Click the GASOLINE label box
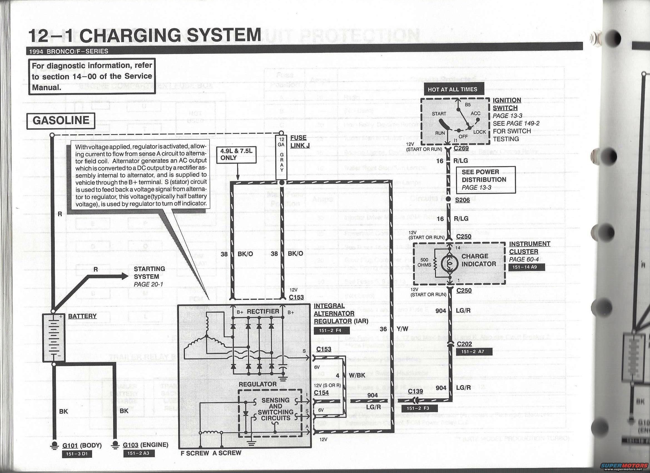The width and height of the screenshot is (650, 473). click(x=61, y=120)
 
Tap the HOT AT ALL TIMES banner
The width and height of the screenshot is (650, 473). click(x=452, y=90)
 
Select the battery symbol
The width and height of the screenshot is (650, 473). click(x=54, y=337)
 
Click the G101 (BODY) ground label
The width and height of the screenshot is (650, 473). click(x=82, y=445)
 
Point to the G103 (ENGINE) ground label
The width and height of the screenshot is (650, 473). click(x=145, y=445)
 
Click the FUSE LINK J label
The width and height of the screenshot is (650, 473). click(x=300, y=142)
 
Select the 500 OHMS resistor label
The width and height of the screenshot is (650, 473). click(x=424, y=262)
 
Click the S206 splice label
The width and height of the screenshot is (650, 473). click(x=462, y=200)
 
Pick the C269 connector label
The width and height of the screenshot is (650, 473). click(x=461, y=148)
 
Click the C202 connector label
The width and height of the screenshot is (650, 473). click(x=464, y=344)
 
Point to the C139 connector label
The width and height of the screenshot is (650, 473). click(x=415, y=391)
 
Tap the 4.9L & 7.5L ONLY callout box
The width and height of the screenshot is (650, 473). click(x=236, y=154)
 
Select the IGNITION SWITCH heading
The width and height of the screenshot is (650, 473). click(x=507, y=104)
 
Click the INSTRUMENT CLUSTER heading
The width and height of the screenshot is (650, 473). click(x=529, y=248)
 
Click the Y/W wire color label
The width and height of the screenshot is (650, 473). click(x=402, y=329)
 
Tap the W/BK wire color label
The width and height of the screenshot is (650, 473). click(x=357, y=375)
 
